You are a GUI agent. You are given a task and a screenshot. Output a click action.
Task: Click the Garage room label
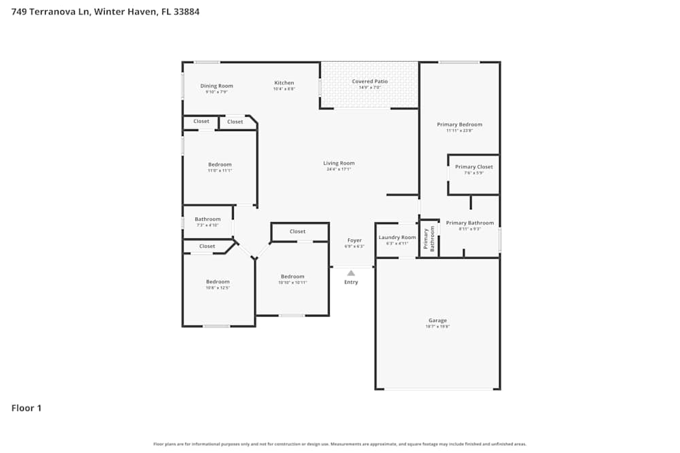pos(437,320)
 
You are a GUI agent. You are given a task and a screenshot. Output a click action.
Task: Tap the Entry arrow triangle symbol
pos(351,273)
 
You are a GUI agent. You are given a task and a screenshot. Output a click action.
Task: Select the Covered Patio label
pos(370,81)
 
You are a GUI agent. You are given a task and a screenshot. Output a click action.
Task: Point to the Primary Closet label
pos(474,167)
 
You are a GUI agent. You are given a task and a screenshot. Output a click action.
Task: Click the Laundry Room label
pos(397,237)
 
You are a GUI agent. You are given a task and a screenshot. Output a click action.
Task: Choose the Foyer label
pos(354,240)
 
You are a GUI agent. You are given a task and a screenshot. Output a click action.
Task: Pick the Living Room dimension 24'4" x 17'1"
pos(339,169)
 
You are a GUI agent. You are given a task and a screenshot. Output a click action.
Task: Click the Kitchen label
pos(284,83)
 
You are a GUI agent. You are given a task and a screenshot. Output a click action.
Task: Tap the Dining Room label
pos(216,86)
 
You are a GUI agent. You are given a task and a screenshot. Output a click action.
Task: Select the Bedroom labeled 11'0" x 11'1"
pos(220,164)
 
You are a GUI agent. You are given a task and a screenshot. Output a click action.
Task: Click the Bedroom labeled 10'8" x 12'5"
pos(218,282)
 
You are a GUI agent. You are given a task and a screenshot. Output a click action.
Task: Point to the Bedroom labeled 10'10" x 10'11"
pos(292,276)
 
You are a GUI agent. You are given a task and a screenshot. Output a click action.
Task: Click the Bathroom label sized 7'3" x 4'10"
pos(207,219)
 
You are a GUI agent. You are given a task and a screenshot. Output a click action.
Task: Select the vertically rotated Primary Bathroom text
pos(428,239)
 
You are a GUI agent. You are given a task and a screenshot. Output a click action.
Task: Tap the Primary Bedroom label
pos(459,124)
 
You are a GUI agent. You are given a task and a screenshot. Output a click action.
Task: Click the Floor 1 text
pos(27,408)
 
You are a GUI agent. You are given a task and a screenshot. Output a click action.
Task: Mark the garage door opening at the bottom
pos(438,389)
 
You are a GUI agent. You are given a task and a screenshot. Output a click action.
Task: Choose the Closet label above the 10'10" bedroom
pos(297,232)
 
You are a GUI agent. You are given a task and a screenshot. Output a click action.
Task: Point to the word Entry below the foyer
pos(351,282)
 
